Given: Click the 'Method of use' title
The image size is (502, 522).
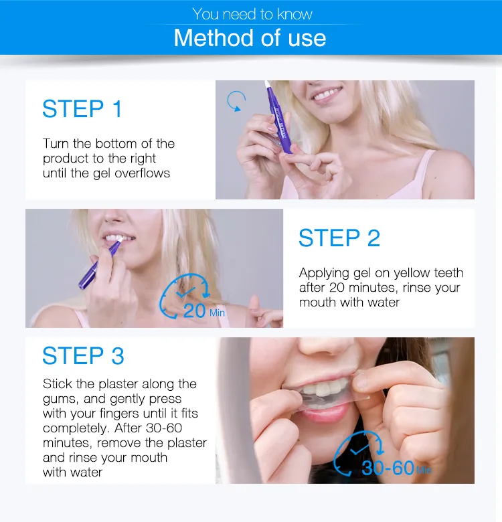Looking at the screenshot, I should (250, 37).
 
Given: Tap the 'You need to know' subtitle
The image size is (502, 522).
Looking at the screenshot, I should (252, 13).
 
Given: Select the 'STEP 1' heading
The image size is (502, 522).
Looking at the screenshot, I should (82, 108).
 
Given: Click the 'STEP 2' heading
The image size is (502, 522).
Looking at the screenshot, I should (339, 238).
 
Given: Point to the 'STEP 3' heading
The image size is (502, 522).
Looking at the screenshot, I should (83, 356).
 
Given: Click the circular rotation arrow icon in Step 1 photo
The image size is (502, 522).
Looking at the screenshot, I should (236, 101).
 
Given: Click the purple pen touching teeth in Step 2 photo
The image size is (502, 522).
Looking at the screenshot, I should (100, 262).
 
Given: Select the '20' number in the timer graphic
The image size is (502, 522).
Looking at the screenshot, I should (194, 310).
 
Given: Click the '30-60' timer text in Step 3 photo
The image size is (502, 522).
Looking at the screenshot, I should (388, 467).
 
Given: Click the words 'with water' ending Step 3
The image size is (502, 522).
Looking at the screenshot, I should (73, 472).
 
